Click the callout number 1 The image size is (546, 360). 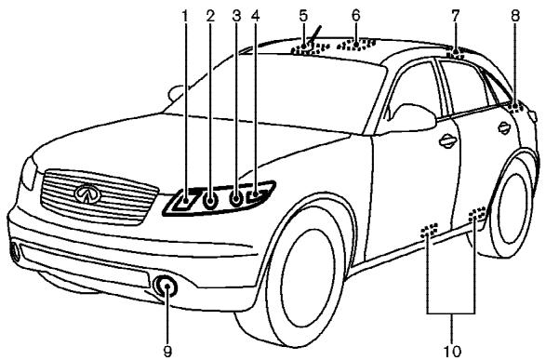185,17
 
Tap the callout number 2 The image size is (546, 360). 211,17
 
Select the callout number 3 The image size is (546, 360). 236,17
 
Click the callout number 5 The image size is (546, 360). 304,15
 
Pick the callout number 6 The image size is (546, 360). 356,15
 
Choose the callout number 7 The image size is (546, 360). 454,17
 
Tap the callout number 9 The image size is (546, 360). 167,350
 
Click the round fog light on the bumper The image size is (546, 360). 167,287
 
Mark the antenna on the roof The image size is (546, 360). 316,36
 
